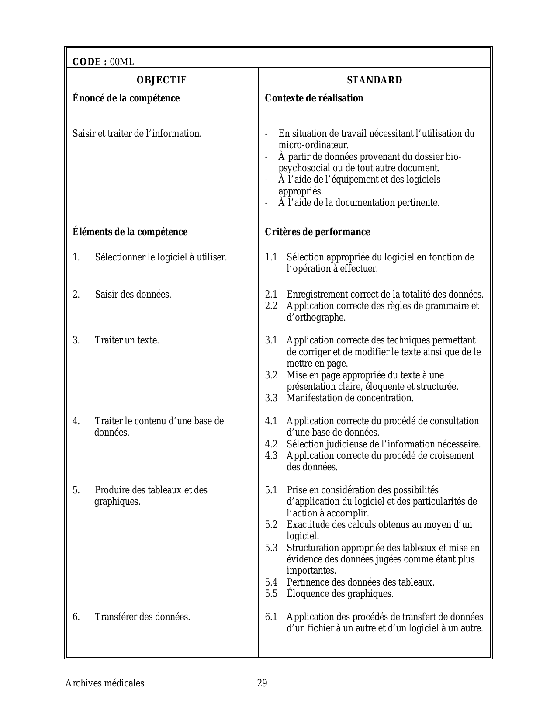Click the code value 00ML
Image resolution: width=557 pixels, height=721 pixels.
[122, 62]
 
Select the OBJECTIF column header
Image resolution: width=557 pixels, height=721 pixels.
[162, 80]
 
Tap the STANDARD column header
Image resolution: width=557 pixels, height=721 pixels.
[374, 80]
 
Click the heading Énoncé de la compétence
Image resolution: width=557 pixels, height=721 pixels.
[126, 98]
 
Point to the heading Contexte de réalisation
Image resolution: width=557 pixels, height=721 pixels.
[314, 98]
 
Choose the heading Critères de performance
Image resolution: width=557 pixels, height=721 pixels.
[317, 232]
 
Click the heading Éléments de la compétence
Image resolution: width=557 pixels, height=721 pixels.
[130, 232]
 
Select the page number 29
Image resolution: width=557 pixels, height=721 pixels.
[262, 683]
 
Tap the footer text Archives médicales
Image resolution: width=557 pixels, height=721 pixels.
[104, 683]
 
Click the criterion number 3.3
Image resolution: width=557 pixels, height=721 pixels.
[271, 398]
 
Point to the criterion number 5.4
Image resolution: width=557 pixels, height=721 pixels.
[271, 582]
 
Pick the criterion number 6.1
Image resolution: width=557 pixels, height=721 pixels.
[271, 617]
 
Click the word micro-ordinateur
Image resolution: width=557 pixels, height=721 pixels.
[313, 145]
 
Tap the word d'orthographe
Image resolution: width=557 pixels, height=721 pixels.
[316, 318]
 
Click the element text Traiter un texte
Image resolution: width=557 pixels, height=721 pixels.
[127, 340]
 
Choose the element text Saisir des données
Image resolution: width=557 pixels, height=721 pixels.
[133, 294]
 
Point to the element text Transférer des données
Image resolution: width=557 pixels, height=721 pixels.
[142, 617]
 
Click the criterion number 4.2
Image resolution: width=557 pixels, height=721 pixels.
[271, 444]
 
